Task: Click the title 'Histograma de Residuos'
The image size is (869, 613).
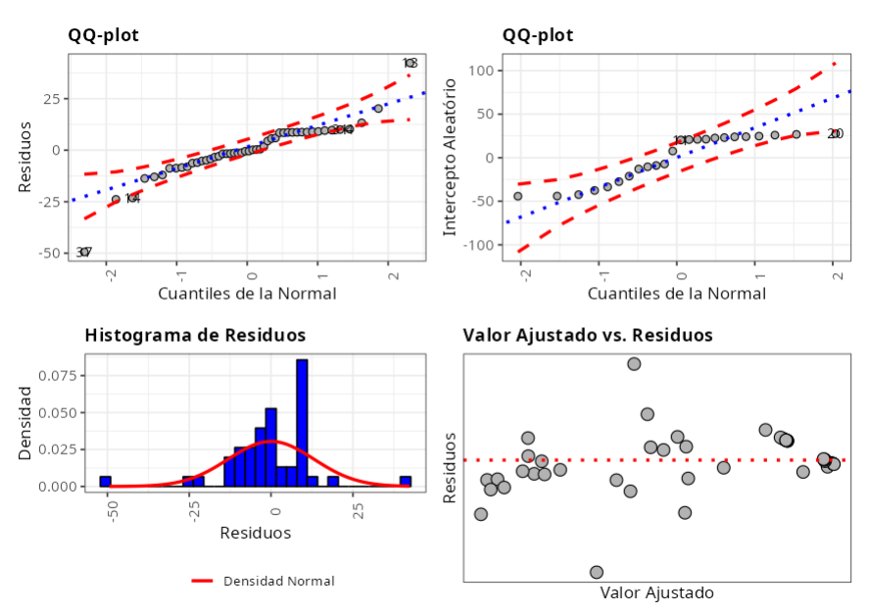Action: coord(195,335)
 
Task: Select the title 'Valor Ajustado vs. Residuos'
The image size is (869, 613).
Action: coord(587,335)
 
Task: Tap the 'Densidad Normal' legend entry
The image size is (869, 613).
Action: coord(278,582)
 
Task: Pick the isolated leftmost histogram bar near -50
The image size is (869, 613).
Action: coord(105,481)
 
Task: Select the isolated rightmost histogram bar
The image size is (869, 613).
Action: coord(405,481)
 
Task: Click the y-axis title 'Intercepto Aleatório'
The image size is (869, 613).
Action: coord(451,157)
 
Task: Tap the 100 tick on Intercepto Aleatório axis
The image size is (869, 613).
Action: coord(479,71)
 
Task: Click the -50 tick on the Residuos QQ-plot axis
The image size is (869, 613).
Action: coord(44,253)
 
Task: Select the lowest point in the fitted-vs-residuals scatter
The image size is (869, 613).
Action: coord(597,572)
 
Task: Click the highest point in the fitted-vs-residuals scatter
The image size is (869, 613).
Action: coord(634,364)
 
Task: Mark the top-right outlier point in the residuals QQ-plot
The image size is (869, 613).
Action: coord(410,64)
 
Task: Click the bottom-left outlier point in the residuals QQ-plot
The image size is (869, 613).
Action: coord(84,253)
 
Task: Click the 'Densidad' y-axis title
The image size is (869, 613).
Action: coord(26,423)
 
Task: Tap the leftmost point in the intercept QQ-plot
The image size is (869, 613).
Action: coord(518,196)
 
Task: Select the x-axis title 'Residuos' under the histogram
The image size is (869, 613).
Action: coord(255,534)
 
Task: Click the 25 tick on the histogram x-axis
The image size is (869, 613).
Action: coord(359,510)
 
